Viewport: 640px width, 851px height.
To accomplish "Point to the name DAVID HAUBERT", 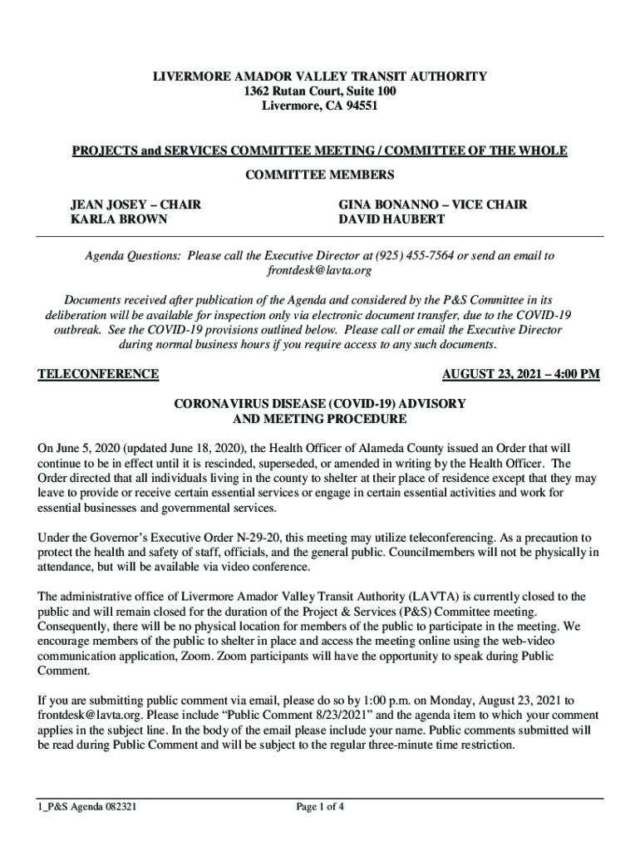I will coord(391,219).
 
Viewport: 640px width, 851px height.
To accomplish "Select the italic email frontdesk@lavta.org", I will coord(319,271).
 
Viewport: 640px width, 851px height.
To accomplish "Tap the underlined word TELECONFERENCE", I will coord(99,374).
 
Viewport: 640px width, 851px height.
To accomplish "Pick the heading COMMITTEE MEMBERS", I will coord(319,175).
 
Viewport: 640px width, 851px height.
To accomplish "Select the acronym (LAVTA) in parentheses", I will coord(431,597).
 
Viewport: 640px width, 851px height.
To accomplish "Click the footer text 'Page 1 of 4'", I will coord(320,806).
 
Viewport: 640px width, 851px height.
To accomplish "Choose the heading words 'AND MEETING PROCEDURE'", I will coord(319,419).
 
